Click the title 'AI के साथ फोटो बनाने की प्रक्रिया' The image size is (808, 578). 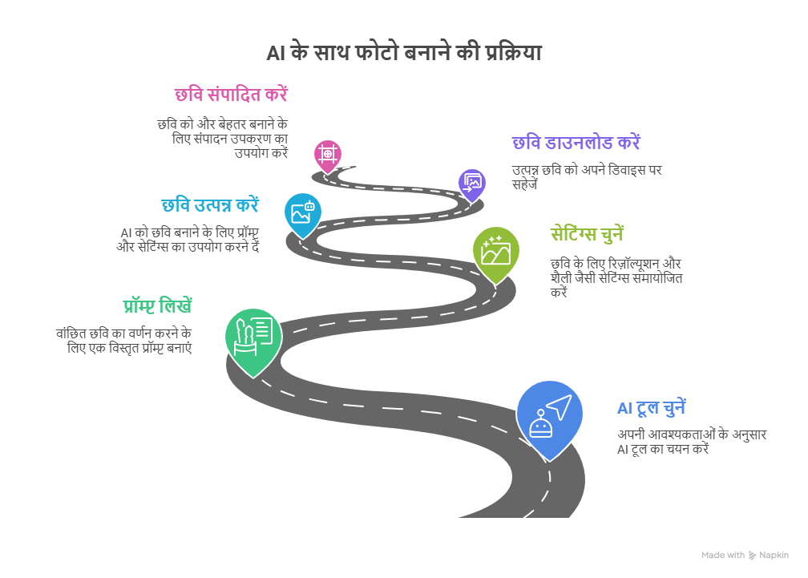[404, 52]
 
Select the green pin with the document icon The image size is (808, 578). [253, 342]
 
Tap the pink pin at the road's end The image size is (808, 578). [328, 156]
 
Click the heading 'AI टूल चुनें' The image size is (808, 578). [652, 408]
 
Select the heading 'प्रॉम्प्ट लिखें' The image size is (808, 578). [158, 305]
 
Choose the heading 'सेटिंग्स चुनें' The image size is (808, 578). [587, 234]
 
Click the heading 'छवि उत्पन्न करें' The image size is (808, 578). [210, 205]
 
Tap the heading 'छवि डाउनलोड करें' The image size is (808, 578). [576, 142]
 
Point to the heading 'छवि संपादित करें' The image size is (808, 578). [231, 95]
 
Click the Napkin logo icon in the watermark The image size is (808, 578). [753, 556]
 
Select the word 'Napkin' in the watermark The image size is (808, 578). [774, 556]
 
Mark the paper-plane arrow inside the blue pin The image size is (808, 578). [560, 406]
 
